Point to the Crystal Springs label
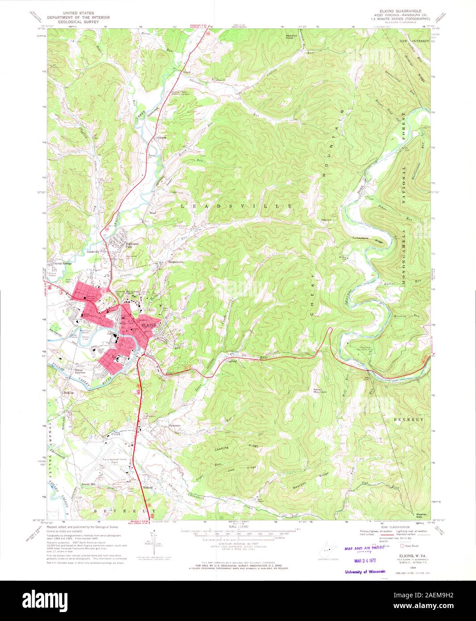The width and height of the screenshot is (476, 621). click(x=63, y=264)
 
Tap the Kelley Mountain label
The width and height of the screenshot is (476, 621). click(x=320, y=390)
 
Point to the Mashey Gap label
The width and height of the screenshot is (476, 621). click(x=422, y=515)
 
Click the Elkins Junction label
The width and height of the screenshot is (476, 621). click(x=79, y=371)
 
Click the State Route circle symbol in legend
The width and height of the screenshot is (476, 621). click(x=402, y=545)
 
